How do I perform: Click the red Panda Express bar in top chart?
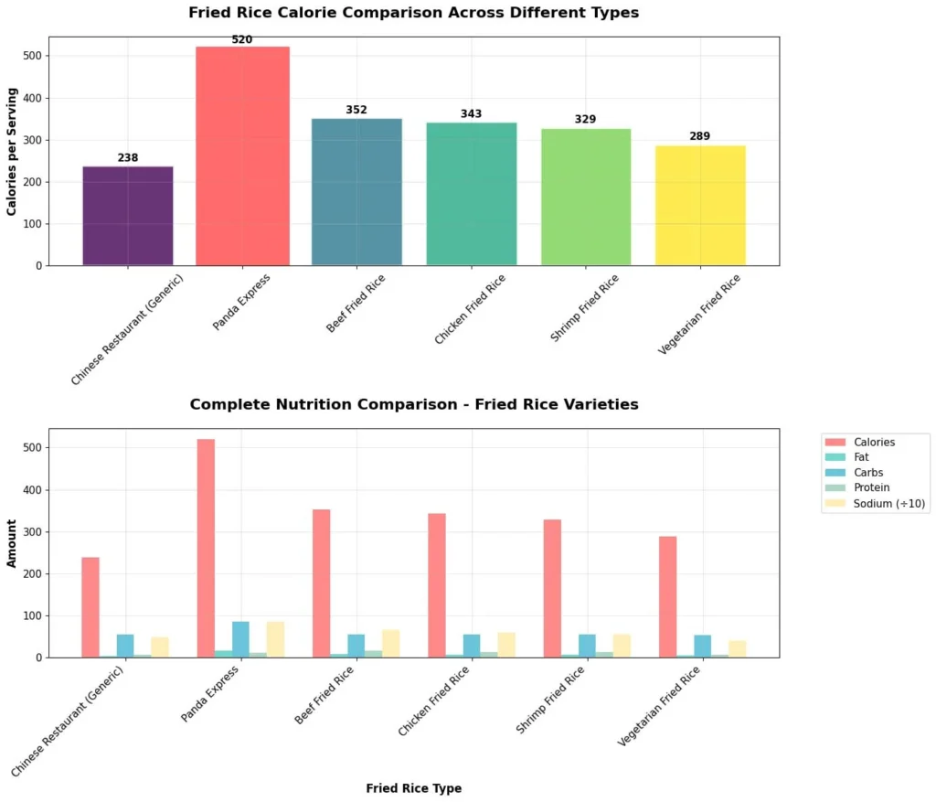click(242, 155)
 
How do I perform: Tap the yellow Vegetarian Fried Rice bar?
click(700, 205)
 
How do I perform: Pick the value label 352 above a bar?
click(356, 111)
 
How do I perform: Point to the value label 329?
click(585, 120)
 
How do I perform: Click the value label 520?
click(242, 40)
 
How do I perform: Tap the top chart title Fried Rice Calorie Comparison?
click(413, 13)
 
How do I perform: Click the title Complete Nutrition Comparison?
click(413, 404)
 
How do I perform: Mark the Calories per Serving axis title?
click(12, 153)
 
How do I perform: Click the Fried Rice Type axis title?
click(413, 788)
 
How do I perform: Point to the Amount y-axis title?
click(12, 543)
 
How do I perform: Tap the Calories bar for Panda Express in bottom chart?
click(206, 549)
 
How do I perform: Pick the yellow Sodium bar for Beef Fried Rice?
click(390, 644)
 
